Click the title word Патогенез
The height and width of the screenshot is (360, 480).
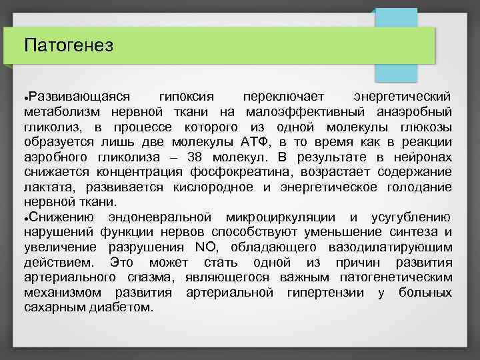point(69,45)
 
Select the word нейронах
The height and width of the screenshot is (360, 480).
point(422,157)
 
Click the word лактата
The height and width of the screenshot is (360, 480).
point(45,187)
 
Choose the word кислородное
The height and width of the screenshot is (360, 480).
point(212,187)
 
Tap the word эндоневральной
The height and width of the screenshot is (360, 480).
point(159,217)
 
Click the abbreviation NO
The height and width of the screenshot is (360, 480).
point(203,247)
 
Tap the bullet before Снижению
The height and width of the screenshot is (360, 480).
point(25,218)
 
